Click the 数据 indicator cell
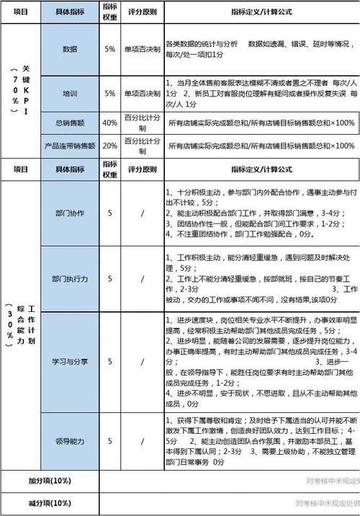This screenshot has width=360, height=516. click(70, 50)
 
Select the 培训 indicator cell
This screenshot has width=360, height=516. click(70, 94)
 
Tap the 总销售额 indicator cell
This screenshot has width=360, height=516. click(70, 123)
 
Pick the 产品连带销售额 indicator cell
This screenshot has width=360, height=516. click(70, 146)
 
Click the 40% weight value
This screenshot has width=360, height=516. click(110, 123)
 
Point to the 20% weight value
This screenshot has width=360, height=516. click(110, 146)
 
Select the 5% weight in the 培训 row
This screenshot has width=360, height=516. click(110, 94)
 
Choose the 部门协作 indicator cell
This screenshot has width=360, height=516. click(70, 213)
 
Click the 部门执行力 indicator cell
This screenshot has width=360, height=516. click(70, 278)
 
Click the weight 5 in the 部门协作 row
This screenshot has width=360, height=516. click(110, 213)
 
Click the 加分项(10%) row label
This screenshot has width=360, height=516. click(50, 480)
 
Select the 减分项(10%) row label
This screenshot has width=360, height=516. click(50, 503)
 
